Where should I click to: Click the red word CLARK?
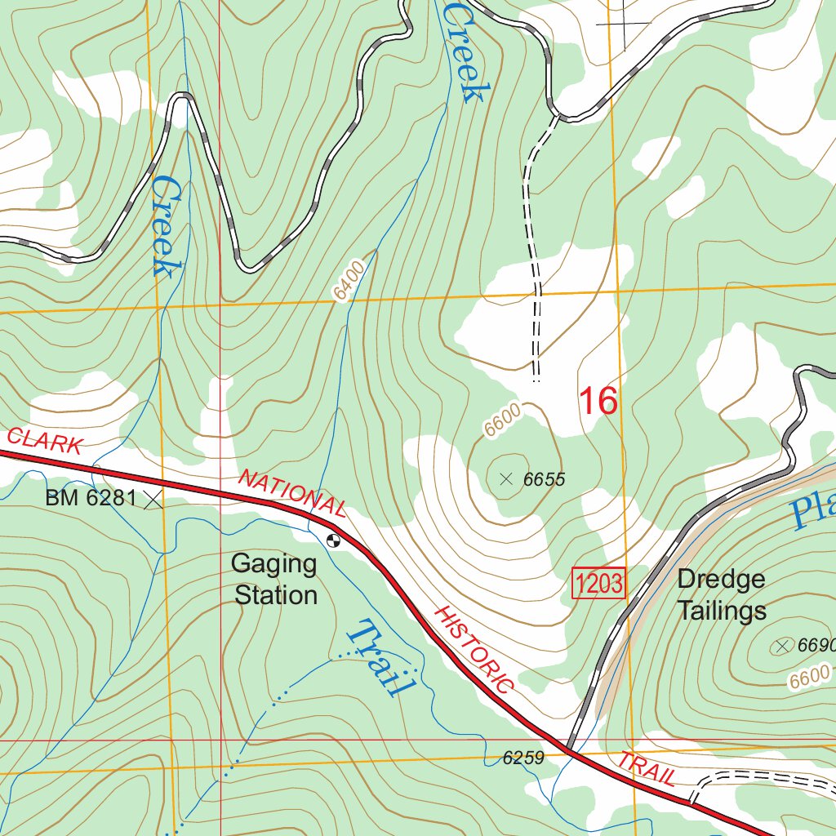click(44, 441)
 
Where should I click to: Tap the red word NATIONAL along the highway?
click(293, 493)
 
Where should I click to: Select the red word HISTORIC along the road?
click(474, 649)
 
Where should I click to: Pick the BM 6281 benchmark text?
click(90, 497)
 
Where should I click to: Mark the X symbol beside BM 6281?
click(153, 500)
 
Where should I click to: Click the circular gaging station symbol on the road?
click(332, 539)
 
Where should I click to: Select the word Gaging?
click(273, 563)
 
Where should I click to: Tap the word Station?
click(276, 595)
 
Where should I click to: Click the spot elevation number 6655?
click(544, 479)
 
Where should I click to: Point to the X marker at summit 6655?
click(506, 479)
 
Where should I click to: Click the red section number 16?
click(598, 402)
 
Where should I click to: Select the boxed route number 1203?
click(599, 583)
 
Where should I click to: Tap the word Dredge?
click(721, 580)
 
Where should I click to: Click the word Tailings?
click(722, 611)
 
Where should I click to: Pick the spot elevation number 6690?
click(816, 646)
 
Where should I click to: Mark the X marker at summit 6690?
click(783, 647)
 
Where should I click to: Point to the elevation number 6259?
click(523, 758)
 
